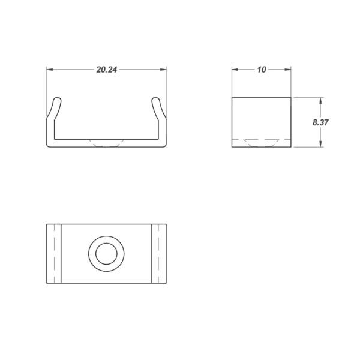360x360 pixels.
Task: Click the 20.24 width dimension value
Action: pos(107,70)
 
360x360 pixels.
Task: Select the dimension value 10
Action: pos(262,70)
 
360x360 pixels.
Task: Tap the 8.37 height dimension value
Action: pos(320,122)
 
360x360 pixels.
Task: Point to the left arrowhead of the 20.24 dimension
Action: pos(50,70)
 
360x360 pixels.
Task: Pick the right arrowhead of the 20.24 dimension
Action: pos(163,70)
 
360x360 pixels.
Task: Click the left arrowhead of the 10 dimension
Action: pos(235,70)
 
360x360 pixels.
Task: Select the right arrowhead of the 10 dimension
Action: pos(287,70)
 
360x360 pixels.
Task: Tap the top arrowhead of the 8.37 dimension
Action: pos(320,101)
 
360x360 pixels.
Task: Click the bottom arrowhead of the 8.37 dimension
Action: pos(320,143)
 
